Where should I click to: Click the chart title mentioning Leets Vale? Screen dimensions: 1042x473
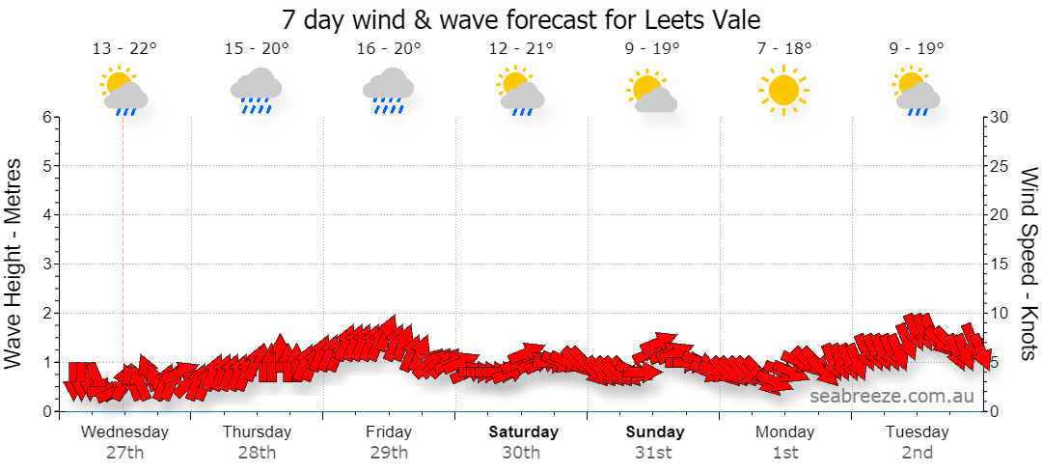521,19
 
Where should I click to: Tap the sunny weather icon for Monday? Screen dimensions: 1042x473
783,90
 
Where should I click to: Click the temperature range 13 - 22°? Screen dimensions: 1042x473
124,48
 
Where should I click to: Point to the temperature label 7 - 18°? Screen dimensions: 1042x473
784,48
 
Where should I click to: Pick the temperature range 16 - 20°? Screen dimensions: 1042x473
389,48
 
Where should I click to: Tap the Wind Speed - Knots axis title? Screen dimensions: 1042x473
1028,264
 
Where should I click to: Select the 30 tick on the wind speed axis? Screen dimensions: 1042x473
1001,117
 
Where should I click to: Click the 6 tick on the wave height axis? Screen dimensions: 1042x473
46,117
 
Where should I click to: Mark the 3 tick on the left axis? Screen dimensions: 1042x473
46,264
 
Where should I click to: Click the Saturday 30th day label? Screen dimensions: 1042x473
522,442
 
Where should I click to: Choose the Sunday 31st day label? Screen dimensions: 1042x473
654,442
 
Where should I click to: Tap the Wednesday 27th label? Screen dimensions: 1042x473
124,442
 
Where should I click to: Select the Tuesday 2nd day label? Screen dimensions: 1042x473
918,442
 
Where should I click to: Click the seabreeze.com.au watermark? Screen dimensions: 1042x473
891,397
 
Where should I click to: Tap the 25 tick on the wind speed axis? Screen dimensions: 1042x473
1001,166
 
